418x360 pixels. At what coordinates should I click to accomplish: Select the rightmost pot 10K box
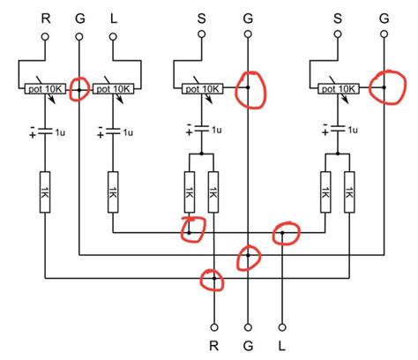337,89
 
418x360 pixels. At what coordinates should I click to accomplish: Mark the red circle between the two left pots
78,90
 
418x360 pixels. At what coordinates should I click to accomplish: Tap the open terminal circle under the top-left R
44,35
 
